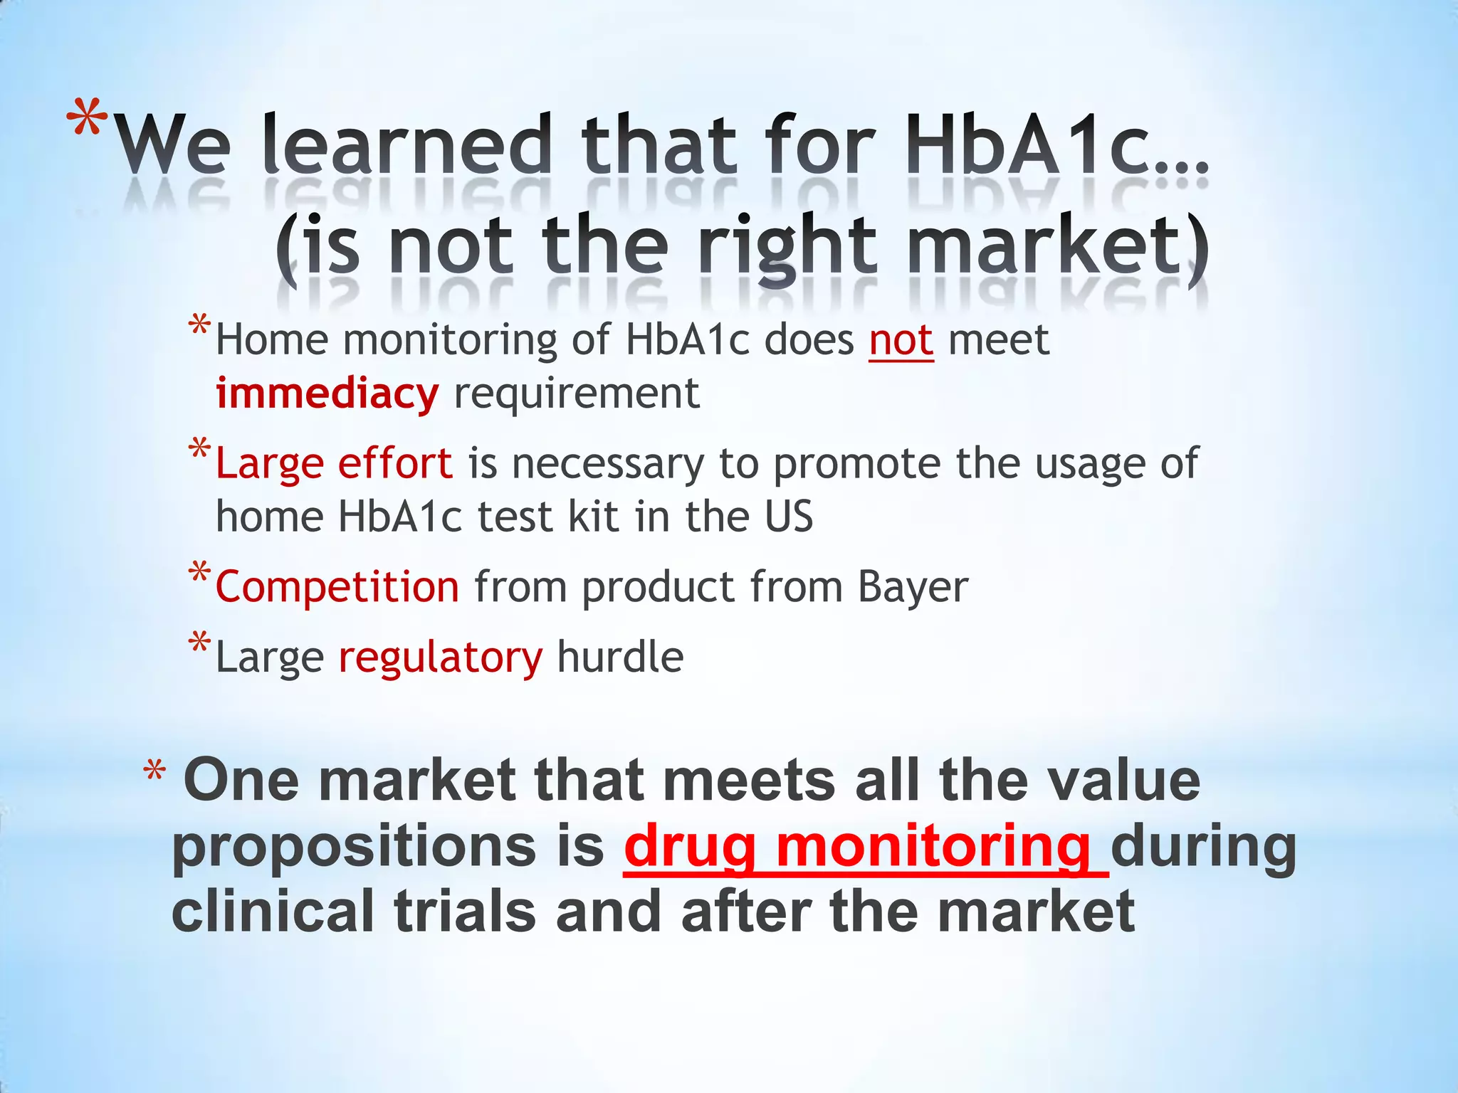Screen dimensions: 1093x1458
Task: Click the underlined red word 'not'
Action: click(x=901, y=340)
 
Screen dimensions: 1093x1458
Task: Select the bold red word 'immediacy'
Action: click(x=327, y=394)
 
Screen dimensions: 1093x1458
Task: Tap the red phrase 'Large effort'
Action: click(x=334, y=463)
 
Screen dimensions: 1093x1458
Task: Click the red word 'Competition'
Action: click(x=337, y=587)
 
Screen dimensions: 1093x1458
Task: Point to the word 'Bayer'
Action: click(x=913, y=588)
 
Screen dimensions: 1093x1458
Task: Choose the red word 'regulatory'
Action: click(x=440, y=657)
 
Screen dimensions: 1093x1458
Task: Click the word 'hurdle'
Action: click(x=620, y=656)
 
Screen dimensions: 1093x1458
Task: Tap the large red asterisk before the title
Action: click(x=88, y=121)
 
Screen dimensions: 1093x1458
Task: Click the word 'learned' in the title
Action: click(x=407, y=146)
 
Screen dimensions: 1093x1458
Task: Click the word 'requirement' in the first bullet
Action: click(x=577, y=394)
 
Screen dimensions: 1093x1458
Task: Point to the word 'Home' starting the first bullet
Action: click(x=272, y=340)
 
